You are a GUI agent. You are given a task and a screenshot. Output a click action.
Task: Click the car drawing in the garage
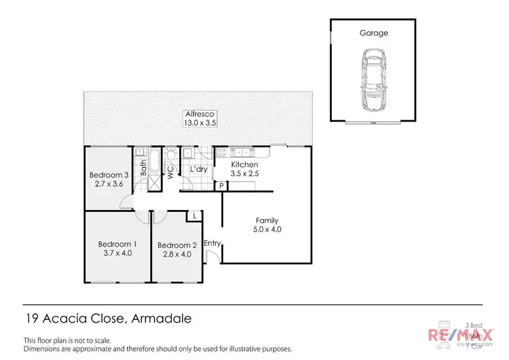tap(373, 83)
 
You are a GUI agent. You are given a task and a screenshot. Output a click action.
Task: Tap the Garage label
tap(373, 32)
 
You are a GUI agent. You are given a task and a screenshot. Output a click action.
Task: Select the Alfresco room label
tap(197, 114)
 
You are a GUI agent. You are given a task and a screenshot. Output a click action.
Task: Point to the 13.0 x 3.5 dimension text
tap(197, 123)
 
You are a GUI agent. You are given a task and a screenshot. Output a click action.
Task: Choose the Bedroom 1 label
tap(117, 244)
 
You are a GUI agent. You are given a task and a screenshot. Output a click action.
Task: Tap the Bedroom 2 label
tap(177, 245)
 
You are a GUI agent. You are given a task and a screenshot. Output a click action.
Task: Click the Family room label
tap(267, 220)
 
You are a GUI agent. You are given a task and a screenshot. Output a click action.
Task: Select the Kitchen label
tap(245, 165)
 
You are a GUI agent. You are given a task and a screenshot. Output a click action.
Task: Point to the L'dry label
tap(198, 168)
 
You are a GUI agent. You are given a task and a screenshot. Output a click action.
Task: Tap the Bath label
tap(143, 168)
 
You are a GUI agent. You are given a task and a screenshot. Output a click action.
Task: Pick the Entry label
tap(212, 243)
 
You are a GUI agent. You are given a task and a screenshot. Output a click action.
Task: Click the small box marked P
tap(221, 185)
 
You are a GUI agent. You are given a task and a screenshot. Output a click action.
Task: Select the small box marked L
tap(195, 215)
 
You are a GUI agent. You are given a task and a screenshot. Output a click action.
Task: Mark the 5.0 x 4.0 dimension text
tap(267, 230)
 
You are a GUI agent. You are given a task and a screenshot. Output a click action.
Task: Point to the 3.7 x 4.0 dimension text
tap(117, 253)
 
